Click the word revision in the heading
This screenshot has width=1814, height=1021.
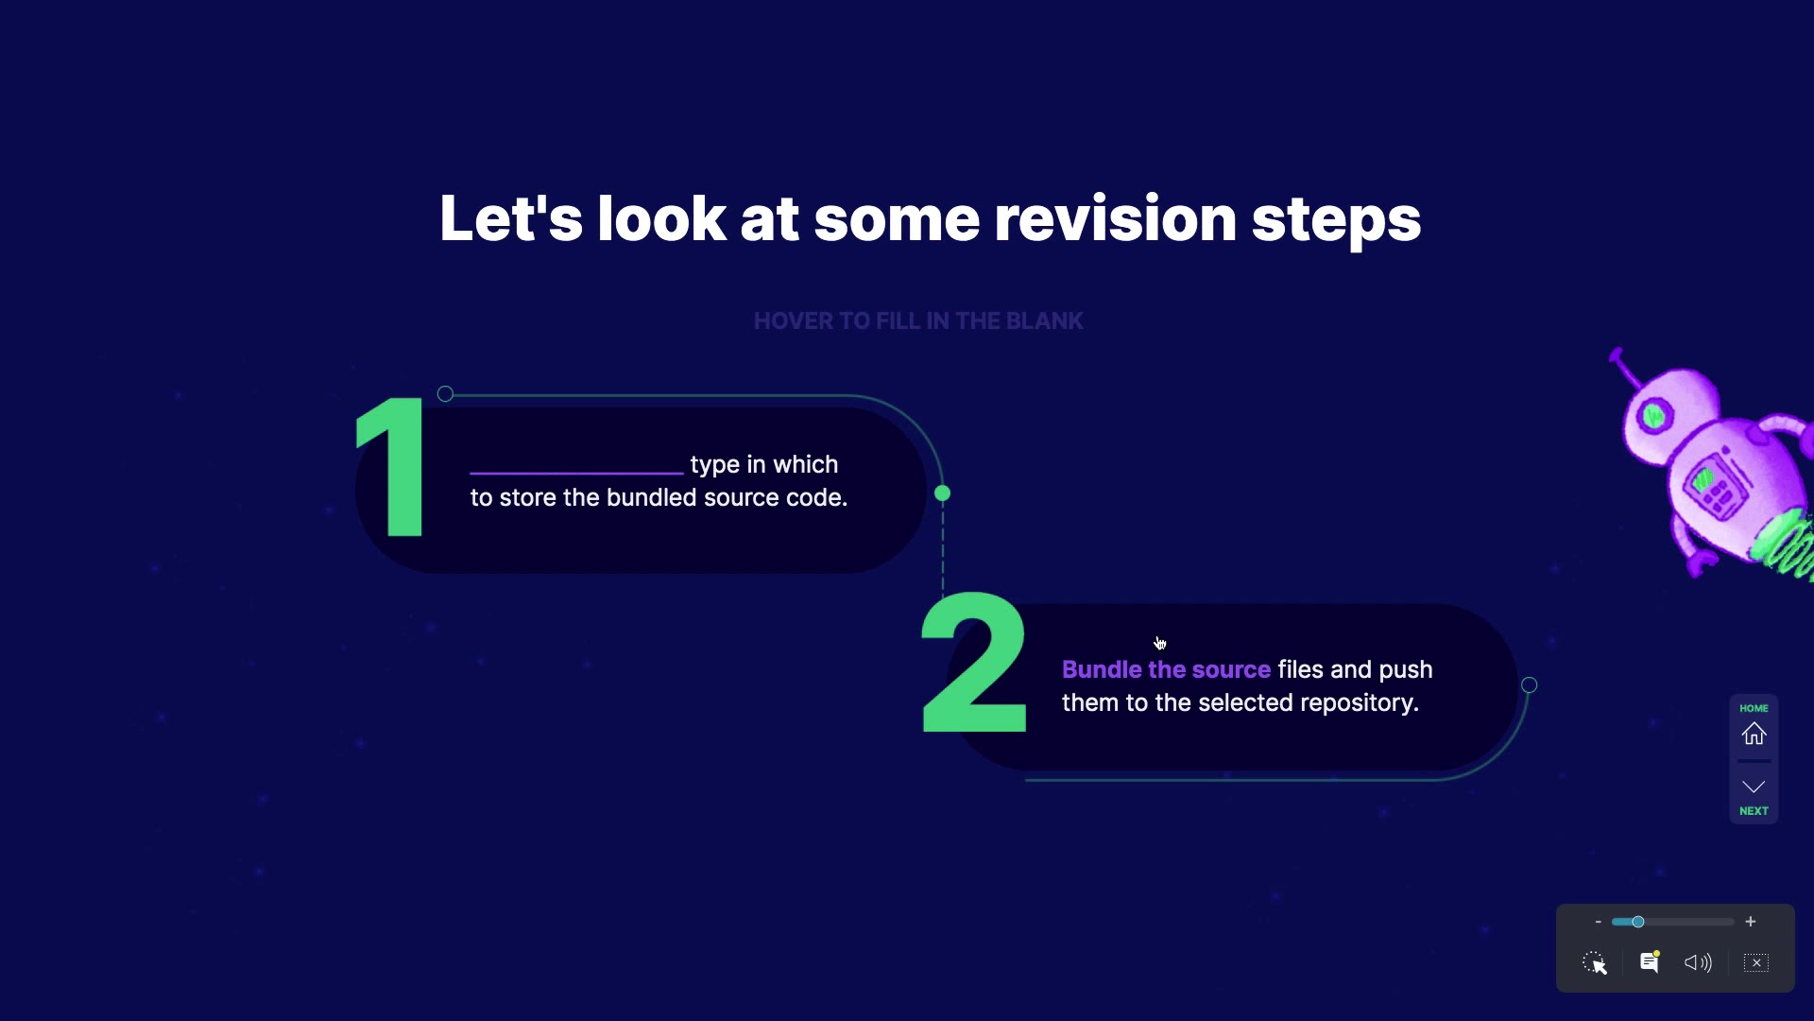[1115, 218]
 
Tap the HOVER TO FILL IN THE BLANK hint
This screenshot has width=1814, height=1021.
[918, 321]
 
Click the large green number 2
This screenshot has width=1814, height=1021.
[973, 663]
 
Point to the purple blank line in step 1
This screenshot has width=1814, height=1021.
[576, 472]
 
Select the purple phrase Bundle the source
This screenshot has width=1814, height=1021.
[1166, 669]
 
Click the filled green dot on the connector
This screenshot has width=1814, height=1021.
[942, 493]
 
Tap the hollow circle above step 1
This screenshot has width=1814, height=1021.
[445, 394]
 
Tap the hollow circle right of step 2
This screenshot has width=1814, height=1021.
[1529, 685]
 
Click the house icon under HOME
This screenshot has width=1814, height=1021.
[1754, 734]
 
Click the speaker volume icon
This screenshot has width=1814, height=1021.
[1698, 962]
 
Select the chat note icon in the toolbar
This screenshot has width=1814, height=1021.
[1650, 961]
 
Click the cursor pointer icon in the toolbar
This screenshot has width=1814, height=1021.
[1595, 962]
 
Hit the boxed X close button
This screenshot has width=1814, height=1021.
[1756, 962]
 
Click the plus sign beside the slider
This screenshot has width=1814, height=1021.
[1751, 922]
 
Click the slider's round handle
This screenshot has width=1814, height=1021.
[1637, 922]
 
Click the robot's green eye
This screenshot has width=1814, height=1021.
[1653, 415]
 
